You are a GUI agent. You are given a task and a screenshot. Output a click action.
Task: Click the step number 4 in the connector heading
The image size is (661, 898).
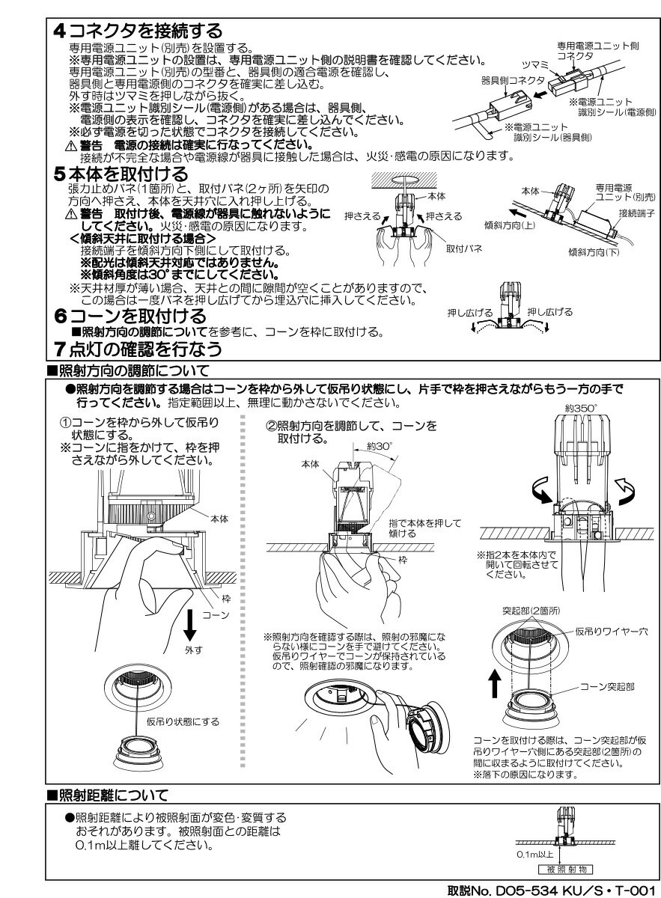coord(61,31)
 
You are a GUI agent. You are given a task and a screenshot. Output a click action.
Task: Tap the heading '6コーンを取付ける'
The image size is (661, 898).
coord(130,317)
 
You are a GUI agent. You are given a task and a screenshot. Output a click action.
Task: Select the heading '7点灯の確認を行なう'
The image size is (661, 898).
coord(138,349)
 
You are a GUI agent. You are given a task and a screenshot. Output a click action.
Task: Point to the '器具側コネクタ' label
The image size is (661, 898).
coord(502,79)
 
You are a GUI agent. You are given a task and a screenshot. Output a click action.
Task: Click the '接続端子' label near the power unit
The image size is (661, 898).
coord(636,213)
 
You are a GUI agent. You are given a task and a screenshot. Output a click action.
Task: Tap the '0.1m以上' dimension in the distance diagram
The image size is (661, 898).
coord(534,854)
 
